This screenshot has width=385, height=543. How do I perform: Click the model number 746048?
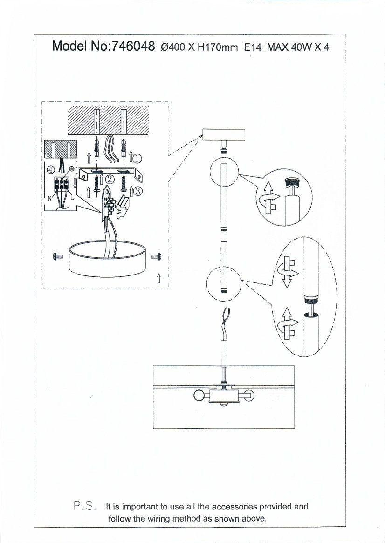132,46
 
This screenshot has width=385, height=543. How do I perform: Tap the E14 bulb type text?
253,47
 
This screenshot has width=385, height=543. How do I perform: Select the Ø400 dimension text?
173,47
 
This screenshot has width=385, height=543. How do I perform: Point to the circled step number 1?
137,159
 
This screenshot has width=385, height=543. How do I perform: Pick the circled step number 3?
137,191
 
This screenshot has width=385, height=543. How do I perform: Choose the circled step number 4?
51,170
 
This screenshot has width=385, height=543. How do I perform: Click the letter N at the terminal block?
49,199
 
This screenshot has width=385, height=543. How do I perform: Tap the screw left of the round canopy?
58,256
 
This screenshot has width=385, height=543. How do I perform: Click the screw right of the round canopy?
156,256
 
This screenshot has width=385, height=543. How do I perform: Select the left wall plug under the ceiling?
97,147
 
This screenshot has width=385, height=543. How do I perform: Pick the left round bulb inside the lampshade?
199,395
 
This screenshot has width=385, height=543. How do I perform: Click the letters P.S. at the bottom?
85,506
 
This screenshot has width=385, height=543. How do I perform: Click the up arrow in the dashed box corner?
159,278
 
